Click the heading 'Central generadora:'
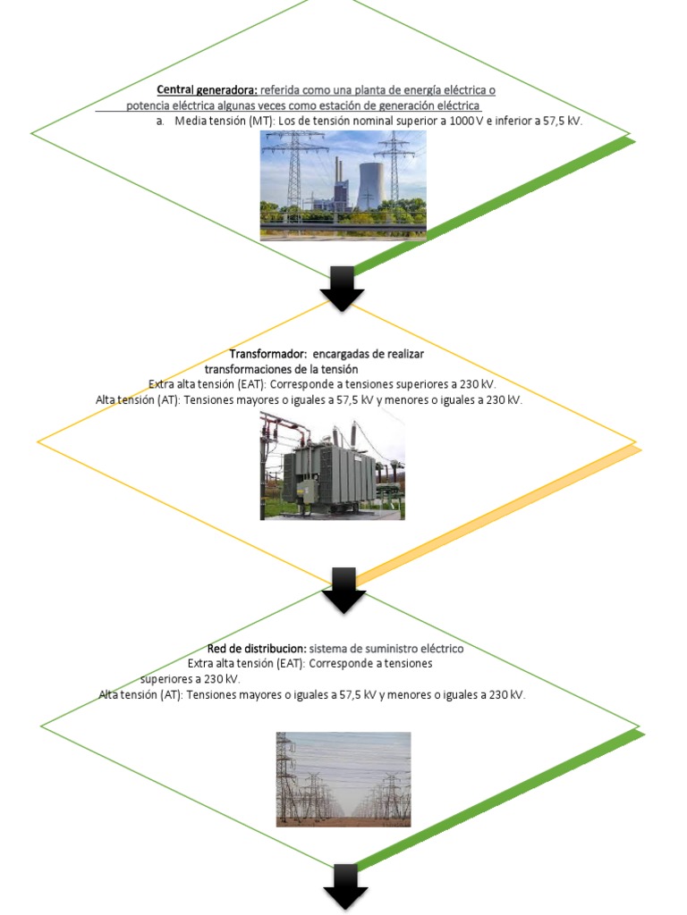207,90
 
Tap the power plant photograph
343,185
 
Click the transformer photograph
332,466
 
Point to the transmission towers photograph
343,779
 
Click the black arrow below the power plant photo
343,288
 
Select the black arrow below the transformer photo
344,590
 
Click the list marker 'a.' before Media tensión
160,121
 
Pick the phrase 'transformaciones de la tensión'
282,369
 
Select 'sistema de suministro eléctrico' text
386,649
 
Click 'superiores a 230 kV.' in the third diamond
191,679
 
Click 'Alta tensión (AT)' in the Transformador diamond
136,400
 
